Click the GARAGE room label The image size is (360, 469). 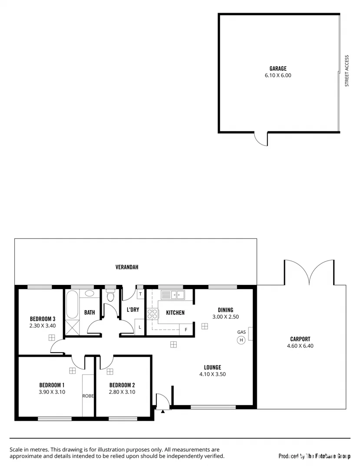click(278, 69)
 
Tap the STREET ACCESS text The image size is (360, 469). click(347, 71)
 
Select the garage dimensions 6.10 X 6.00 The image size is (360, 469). click(278, 75)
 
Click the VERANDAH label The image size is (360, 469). click(127, 267)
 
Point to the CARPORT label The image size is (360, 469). click(300, 339)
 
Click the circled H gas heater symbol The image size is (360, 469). click(241, 340)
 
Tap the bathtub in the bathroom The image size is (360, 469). click(72, 305)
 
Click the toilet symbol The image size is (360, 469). click(110, 297)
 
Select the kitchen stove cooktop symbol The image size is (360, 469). click(152, 314)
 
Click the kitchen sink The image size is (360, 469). click(173, 295)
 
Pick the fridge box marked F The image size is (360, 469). click(186, 330)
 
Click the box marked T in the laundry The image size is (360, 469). click(140, 294)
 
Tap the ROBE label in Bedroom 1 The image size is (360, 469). click(88, 396)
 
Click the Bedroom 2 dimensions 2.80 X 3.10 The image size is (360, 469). click(122, 392)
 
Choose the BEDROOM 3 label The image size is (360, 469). click(43, 318)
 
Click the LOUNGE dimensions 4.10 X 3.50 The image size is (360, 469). click(212, 374)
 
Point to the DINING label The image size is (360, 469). click(225, 310)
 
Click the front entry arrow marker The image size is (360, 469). click(162, 410)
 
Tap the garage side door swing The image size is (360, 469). click(260, 139)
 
